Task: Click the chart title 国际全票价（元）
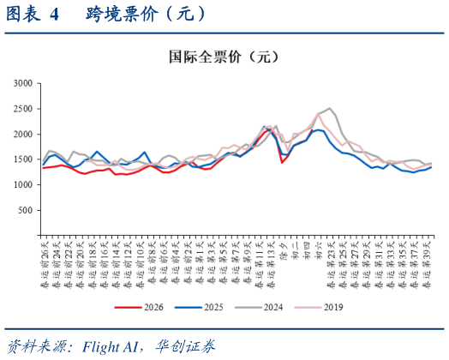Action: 224,57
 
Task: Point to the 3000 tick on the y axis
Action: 22,83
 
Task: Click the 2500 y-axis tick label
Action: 22,109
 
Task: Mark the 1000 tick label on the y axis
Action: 22,185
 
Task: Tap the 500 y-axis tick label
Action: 25,210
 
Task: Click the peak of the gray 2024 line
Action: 329,108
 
